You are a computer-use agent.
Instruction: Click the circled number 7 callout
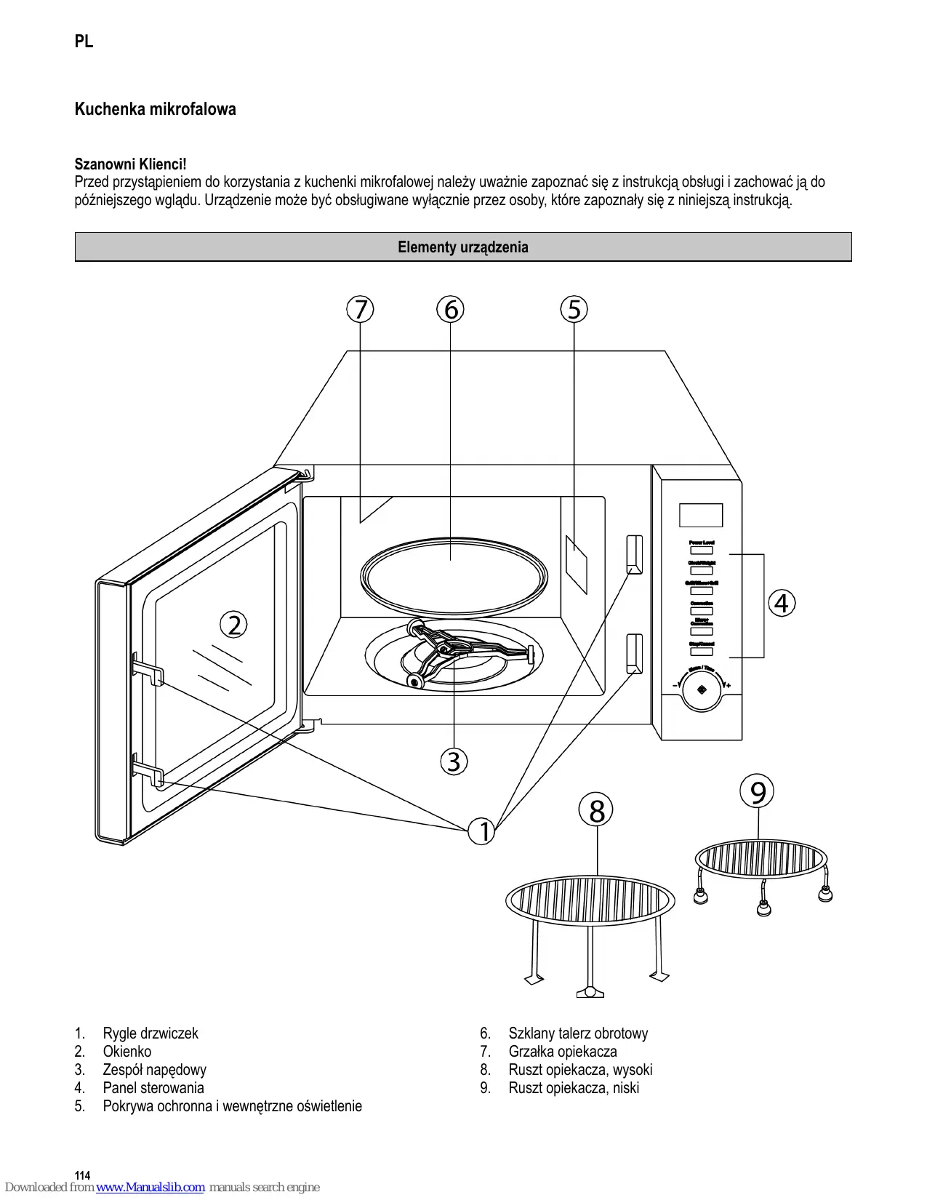(360, 309)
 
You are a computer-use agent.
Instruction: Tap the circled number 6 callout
(451, 309)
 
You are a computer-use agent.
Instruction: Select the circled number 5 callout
(574, 309)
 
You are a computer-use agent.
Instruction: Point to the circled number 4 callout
(782, 603)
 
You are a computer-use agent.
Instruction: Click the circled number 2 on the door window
(234, 625)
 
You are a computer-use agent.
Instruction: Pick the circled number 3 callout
(454, 761)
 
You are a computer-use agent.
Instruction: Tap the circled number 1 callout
(482, 831)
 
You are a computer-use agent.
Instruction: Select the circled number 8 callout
(596, 810)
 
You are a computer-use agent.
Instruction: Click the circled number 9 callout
(758, 792)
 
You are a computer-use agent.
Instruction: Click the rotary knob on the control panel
(702, 689)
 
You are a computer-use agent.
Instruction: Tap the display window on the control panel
(701, 515)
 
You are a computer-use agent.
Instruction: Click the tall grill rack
(590, 902)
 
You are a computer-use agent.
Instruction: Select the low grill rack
(761, 860)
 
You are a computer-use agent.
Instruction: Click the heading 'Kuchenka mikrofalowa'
(156, 109)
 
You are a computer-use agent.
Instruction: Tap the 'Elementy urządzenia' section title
(463, 247)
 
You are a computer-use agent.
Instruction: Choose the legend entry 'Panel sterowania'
(153, 1088)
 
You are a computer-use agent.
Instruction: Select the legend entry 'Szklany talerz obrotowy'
(578, 1033)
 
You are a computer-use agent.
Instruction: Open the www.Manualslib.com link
(151, 1187)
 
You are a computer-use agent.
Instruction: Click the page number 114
(83, 1175)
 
